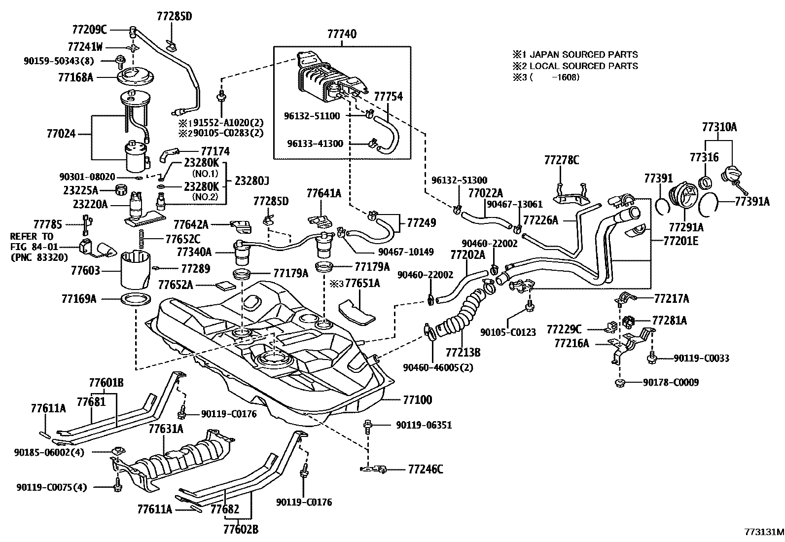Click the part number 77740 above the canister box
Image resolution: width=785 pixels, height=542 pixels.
pos(342,34)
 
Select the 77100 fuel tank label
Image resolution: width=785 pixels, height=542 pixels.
pos(418,399)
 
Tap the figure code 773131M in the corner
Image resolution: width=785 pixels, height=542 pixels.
pos(764,533)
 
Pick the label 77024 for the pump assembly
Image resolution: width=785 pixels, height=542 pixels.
pos(61,134)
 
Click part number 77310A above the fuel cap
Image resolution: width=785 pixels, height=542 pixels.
pos(719,127)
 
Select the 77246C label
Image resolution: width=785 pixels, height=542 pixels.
pos(426,470)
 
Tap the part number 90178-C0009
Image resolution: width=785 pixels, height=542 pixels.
pos(671,382)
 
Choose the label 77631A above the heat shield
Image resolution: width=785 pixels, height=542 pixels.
pos(166,429)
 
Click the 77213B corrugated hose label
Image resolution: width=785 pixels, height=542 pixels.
pos(463,352)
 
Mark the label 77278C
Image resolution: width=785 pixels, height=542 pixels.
pos(562,160)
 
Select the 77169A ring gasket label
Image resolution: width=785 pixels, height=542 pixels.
pos(79,298)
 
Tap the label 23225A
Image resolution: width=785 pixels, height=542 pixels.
pos(80,190)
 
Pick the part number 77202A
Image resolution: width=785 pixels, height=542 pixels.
pos(467,254)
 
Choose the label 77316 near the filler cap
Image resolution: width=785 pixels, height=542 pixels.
pos(704,157)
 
